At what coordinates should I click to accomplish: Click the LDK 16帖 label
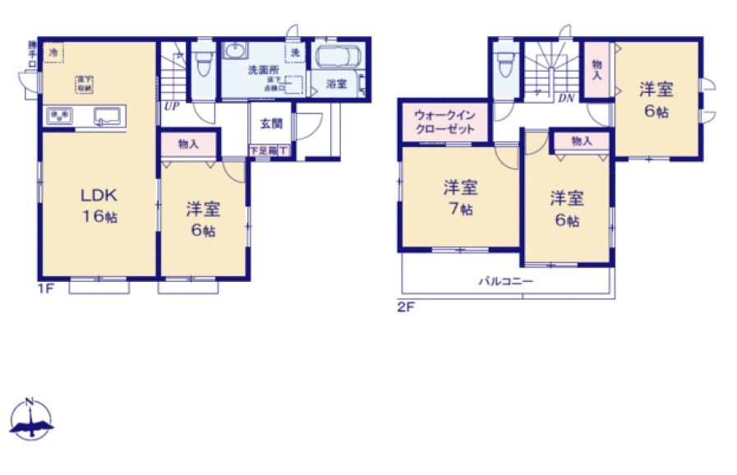[x=98, y=205]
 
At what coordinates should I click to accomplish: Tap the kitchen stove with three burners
[x=60, y=116]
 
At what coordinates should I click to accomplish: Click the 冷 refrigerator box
[x=53, y=53]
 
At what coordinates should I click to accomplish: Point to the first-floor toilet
[x=203, y=62]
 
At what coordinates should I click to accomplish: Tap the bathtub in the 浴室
[x=337, y=59]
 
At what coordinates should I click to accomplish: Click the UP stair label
[x=171, y=105]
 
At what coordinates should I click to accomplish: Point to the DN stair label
[x=565, y=98]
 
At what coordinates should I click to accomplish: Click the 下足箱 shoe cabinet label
[x=263, y=150]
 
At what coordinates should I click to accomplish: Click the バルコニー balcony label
[x=506, y=281]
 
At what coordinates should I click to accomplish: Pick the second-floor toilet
[x=505, y=62]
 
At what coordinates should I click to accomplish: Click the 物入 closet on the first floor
[x=189, y=145]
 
